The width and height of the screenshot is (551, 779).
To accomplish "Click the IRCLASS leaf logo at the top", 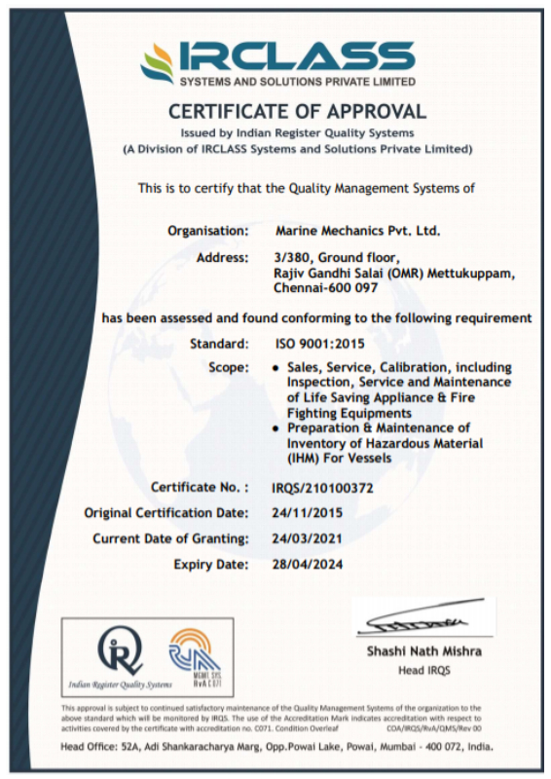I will (x=159, y=63).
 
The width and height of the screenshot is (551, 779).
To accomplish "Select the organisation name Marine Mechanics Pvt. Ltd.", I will (x=358, y=231).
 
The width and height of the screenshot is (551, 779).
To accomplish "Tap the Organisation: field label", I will (x=207, y=231).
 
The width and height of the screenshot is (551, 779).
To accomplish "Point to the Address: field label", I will (x=223, y=257).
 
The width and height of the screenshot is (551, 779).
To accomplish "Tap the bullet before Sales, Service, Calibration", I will (x=277, y=367).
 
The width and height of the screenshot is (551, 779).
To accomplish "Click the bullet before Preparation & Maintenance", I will (x=277, y=428).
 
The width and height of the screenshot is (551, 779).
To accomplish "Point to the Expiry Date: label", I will (x=211, y=563).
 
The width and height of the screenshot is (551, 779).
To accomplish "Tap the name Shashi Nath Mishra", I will (x=423, y=650).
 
